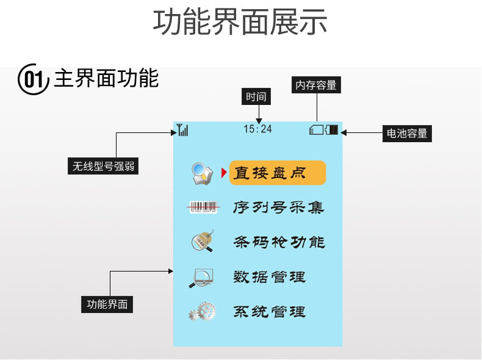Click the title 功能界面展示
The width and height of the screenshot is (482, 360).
[x=240, y=22]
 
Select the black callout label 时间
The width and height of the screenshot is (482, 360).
[x=256, y=96]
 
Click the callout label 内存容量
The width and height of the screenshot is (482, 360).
[x=316, y=85]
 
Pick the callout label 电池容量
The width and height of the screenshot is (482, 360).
[x=407, y=133]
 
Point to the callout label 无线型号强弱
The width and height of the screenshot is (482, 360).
[x=103, y=165]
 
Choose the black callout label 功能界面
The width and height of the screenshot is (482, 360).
[x=107, y=304]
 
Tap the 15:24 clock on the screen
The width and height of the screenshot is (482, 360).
[x=257, y=129]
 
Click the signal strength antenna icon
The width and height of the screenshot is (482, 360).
[x=182, y=129]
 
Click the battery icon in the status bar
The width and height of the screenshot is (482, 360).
[x=332, y=129]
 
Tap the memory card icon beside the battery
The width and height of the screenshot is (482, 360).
[x=317, y=129]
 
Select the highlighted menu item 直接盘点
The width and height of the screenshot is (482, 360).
[x=278, y=173]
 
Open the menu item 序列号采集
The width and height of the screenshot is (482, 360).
[x=278, y=207]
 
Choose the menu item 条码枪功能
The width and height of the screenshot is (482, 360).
[x=278, y=242]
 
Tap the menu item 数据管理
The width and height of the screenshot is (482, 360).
[x=269, y=277]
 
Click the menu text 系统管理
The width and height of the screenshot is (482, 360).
[x=269, y=312]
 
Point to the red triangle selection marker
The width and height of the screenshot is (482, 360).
[x=224, y=173]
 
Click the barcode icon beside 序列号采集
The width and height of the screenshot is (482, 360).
[x=203, y=207]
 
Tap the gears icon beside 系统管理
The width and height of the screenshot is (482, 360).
[x=203, y=312]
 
